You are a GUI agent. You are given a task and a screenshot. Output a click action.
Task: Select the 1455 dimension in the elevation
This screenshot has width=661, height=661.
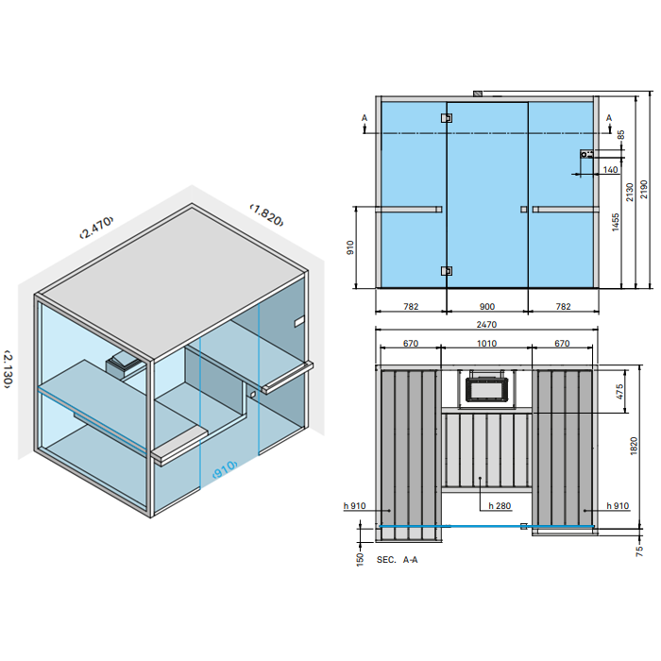616,223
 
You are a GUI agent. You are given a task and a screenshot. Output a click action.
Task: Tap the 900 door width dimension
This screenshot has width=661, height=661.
486,306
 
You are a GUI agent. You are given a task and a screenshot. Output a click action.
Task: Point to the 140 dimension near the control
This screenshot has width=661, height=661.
610,170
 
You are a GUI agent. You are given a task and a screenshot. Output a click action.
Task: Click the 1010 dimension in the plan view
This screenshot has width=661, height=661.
486,344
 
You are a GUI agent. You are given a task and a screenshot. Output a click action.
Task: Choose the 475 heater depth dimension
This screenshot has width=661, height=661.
619,391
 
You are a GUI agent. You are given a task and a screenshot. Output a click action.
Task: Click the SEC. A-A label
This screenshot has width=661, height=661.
398,560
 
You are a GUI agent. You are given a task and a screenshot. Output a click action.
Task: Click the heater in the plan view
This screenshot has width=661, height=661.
486,387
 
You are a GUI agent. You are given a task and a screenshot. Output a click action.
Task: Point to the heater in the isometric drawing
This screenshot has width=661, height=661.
124,364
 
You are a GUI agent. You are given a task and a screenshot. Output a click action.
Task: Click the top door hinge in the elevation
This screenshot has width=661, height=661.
447,118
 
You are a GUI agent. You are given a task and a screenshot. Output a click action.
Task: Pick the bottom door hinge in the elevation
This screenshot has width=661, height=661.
447,271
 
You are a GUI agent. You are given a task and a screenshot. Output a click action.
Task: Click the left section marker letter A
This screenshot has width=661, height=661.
364,118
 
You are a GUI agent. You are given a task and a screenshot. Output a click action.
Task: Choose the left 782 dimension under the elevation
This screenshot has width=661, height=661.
410,306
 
